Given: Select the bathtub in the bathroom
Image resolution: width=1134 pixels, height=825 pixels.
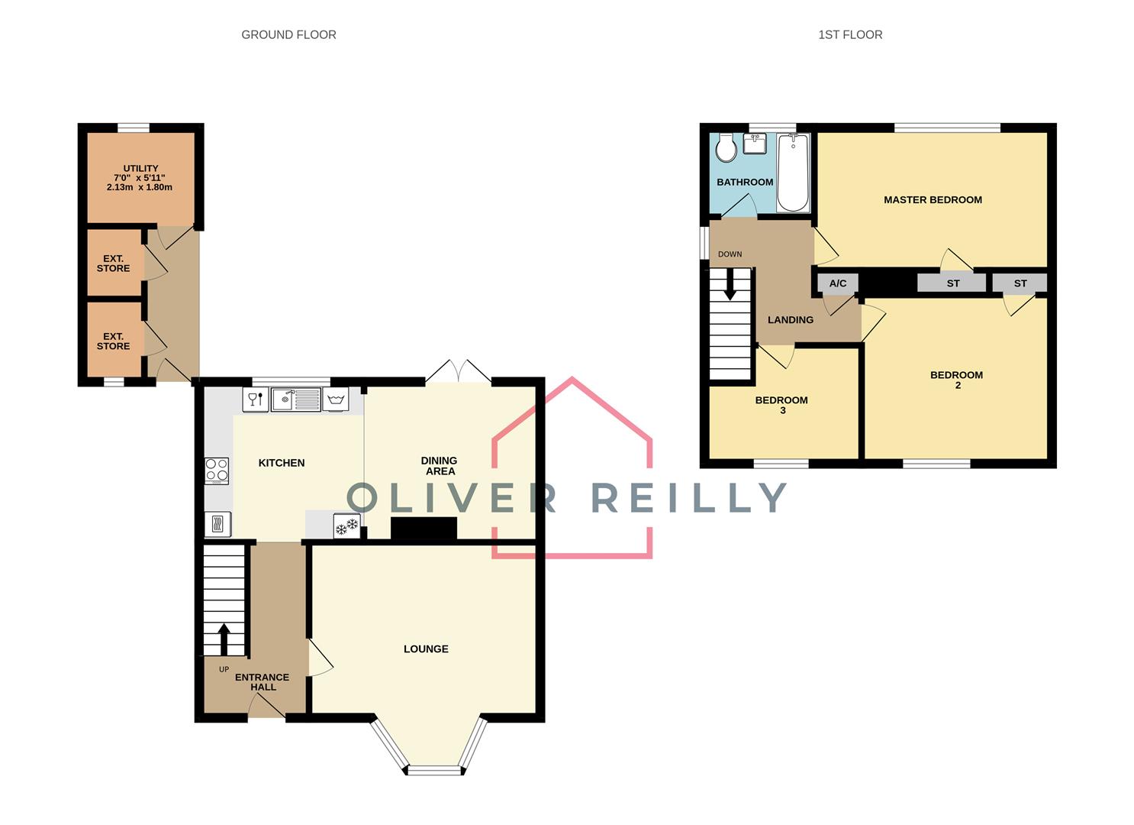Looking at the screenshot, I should (x=793, y=173).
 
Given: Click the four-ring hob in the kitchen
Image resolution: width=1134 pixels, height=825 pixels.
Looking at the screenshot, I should (x=217, y=471).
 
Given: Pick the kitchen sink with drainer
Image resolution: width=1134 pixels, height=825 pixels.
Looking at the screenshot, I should (x=296, y=399).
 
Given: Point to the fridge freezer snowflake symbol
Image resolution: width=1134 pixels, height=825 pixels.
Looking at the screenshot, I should (x=346, y=526).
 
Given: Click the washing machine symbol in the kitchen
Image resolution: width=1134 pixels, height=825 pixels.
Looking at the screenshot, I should (x=336, y=400).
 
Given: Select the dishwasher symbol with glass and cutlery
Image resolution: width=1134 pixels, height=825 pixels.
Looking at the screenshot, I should (x=256, y=400).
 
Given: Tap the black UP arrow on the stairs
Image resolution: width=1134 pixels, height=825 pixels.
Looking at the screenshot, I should (x=224, y=639).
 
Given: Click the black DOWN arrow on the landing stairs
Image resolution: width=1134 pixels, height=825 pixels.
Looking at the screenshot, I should (x=730, y=284).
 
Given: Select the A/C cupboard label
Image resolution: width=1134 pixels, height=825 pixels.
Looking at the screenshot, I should (x=837, y=283).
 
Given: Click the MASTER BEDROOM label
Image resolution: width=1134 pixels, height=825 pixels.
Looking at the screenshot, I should (x=933, y=200).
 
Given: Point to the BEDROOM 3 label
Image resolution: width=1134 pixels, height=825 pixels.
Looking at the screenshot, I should (x=781, y=405).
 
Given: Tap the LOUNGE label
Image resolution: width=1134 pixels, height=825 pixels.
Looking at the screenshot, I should (x=426, y=649).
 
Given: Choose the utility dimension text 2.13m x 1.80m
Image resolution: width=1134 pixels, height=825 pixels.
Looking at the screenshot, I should (x=140, y=187).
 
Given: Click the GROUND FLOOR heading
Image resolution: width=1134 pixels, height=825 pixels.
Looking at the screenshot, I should (x=288, y=34).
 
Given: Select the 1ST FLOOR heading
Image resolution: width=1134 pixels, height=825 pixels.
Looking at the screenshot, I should (x=850, y=34).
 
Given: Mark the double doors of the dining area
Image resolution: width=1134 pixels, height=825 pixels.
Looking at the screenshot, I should (x=458, y=372).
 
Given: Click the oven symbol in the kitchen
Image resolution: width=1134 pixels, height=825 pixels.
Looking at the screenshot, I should (x=217, y=524).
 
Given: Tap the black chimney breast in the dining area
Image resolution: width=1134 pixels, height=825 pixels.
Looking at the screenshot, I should (x=424, y=529).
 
